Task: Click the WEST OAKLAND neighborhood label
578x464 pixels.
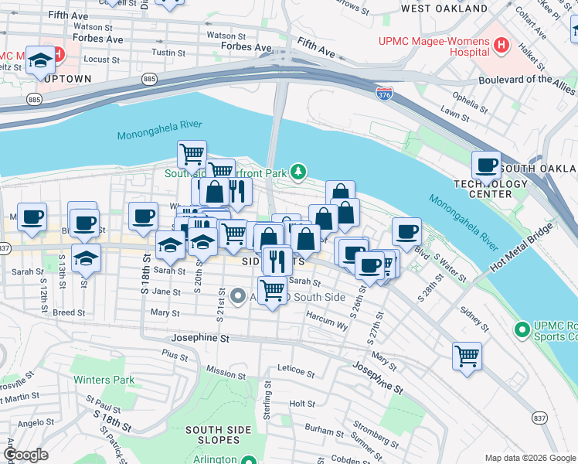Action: (x=444, y=9)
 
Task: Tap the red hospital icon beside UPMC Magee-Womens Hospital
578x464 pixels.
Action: (x=502, y=45)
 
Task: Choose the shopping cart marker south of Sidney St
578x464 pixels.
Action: (x=467, y=357)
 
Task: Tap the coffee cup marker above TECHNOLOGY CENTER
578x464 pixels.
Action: (x=486, y=165)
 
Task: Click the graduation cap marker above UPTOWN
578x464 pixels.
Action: (x=39, y=61)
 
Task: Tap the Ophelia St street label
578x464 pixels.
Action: (x=448, y=98)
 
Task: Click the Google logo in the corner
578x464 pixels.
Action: (x=26, y=455)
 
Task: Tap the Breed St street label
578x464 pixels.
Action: (x=68, y=312)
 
